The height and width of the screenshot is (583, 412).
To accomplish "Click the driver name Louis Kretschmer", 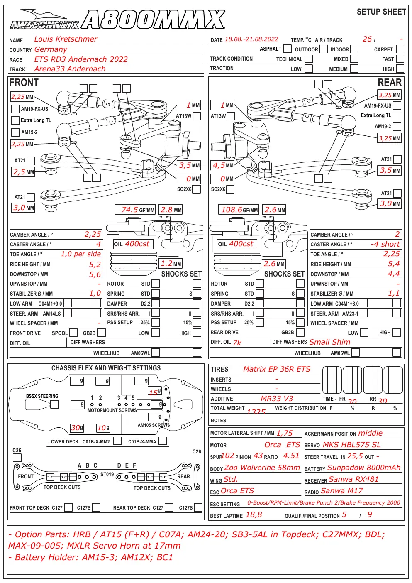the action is pos(66,39).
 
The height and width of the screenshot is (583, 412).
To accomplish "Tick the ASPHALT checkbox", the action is pos(287,49).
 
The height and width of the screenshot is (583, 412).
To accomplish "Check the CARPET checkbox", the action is pos(400,49).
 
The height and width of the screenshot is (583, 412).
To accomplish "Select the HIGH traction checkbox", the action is pos(400,69).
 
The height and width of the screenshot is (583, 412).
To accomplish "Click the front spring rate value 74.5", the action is pos(129,210).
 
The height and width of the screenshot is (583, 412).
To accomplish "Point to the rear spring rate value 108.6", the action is pos(232,210).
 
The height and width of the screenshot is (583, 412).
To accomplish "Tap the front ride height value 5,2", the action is pos(95,265).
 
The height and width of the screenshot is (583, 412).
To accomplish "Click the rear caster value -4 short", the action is pos(385,244).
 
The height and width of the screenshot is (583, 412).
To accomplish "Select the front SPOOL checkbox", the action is pos(73,333).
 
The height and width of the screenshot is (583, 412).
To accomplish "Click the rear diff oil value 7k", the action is pos(237,343).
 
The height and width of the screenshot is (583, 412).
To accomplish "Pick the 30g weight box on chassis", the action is pos(77,428).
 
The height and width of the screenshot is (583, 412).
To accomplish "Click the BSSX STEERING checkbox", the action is pos(54,404).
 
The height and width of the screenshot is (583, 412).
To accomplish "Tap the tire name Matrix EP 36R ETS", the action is pos(277,369).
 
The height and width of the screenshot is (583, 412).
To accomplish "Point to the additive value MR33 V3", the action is pos(277,399).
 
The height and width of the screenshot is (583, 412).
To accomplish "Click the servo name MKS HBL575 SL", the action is pos(351,445).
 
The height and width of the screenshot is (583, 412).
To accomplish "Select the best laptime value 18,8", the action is pos(254,514).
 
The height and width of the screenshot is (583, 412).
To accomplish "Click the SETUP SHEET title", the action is pos(381,12).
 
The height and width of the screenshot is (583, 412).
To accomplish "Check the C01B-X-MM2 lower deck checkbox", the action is pos(117,441).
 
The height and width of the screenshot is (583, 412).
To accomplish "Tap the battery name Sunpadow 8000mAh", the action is pos(364,468).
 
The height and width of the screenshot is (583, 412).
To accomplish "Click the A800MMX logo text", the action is pos(154,20).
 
